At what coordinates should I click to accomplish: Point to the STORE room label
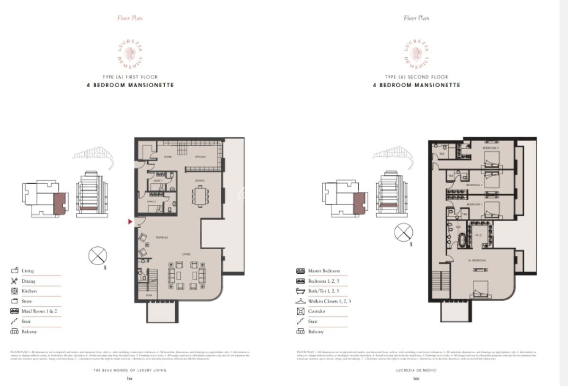click(168, 157)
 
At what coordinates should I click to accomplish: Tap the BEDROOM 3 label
click(490, 148)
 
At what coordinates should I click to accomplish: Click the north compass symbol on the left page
click(98, 256)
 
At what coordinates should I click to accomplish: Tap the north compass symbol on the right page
click(403, 232)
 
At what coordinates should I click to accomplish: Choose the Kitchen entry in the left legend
click(29, 291)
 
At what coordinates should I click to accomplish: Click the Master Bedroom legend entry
click(324, 271)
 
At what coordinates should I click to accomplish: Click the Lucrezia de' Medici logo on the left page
click(130, 54)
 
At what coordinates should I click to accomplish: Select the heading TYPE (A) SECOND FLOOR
click(416, 77)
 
